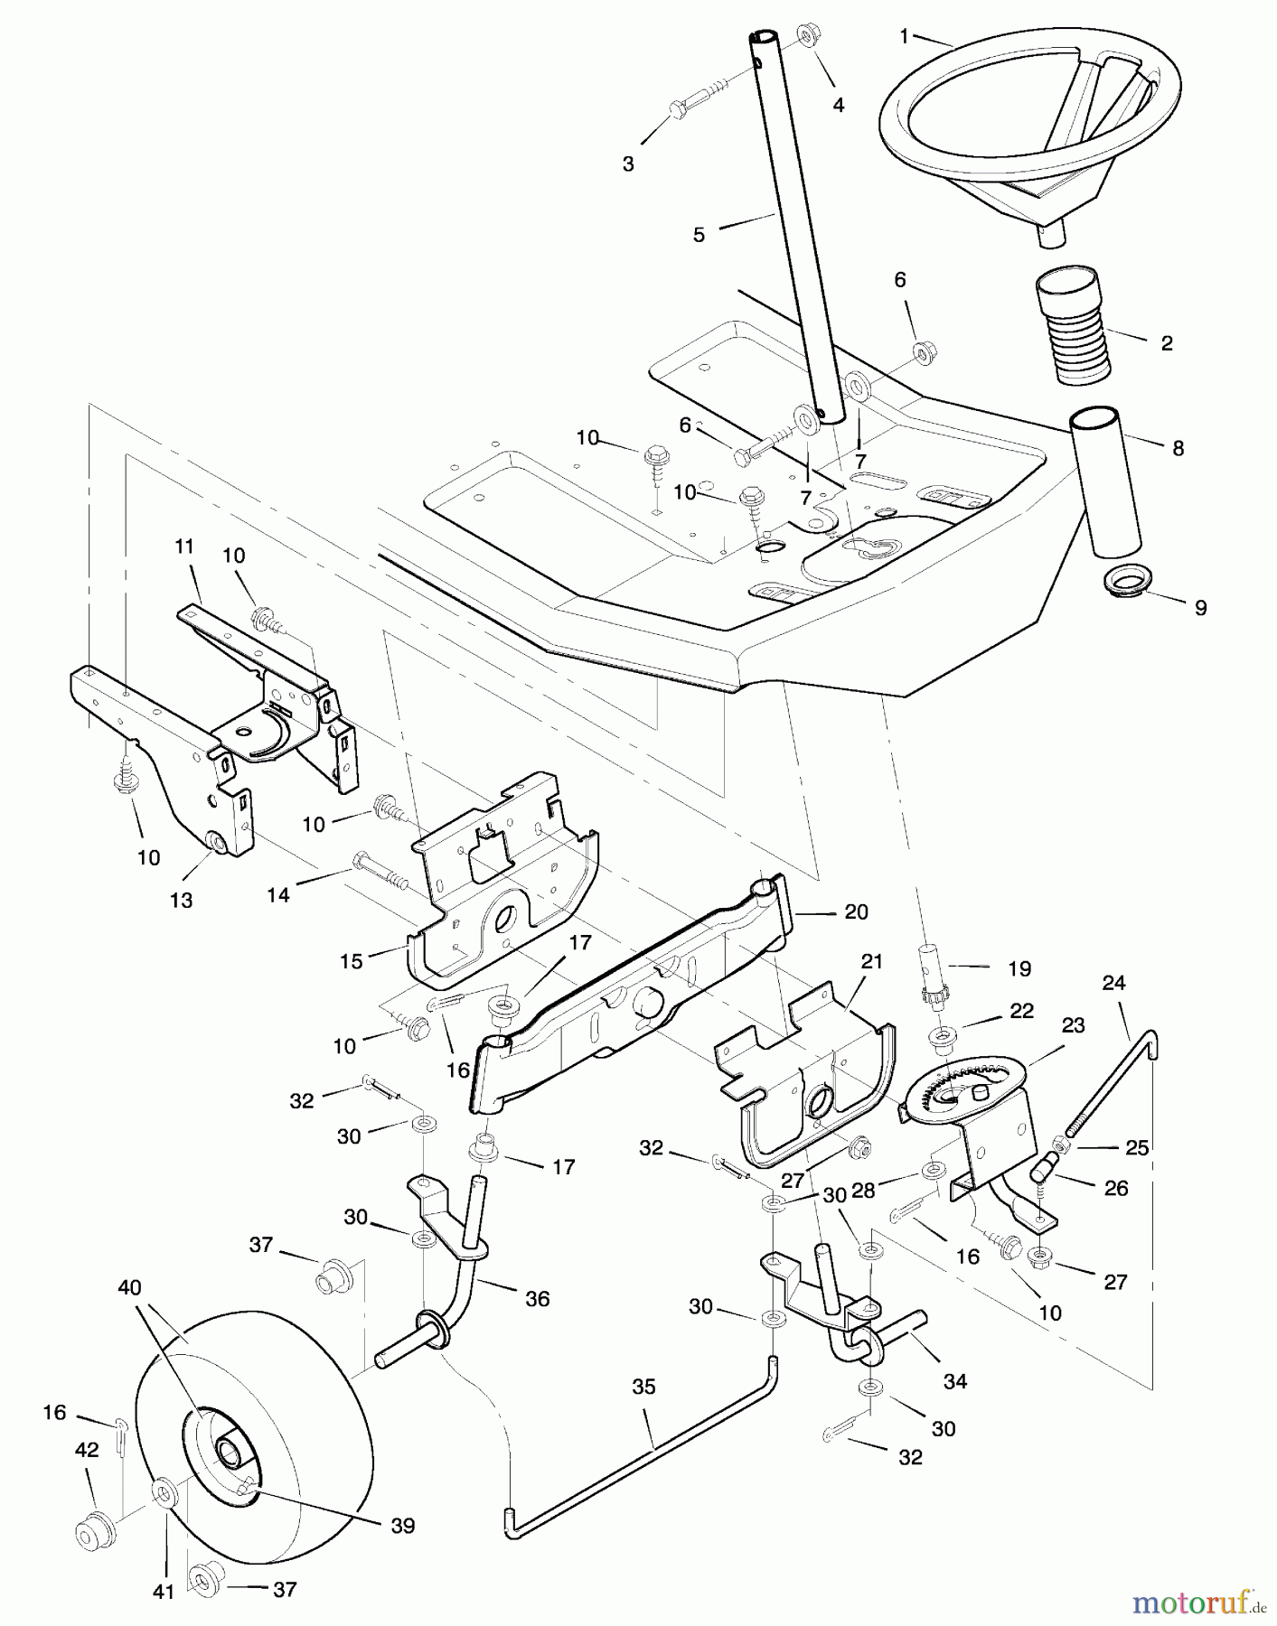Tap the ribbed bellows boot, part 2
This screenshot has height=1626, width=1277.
[1071, 325]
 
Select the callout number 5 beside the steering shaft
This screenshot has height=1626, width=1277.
[699, 235]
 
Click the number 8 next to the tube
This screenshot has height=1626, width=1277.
[1178, 447]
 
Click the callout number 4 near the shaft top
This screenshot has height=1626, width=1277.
[839, 105]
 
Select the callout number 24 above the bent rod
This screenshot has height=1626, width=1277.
[1113, 982]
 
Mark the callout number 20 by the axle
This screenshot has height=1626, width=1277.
[856, 912]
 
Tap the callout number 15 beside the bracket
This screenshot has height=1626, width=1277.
[351, 961]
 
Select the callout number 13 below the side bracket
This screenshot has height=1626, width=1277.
[181, 901]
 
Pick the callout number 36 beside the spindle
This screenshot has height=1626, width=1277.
[537, 1299]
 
